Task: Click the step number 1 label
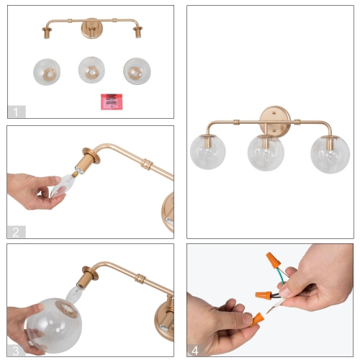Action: coord(17,112)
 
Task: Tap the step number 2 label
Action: coord(17,232)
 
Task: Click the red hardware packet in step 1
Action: coord(112,100)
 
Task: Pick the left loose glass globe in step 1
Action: coord(47,71)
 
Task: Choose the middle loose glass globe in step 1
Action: coord(91,69)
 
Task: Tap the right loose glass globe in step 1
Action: coord(136,70)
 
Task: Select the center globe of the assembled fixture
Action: coord(266,151)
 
